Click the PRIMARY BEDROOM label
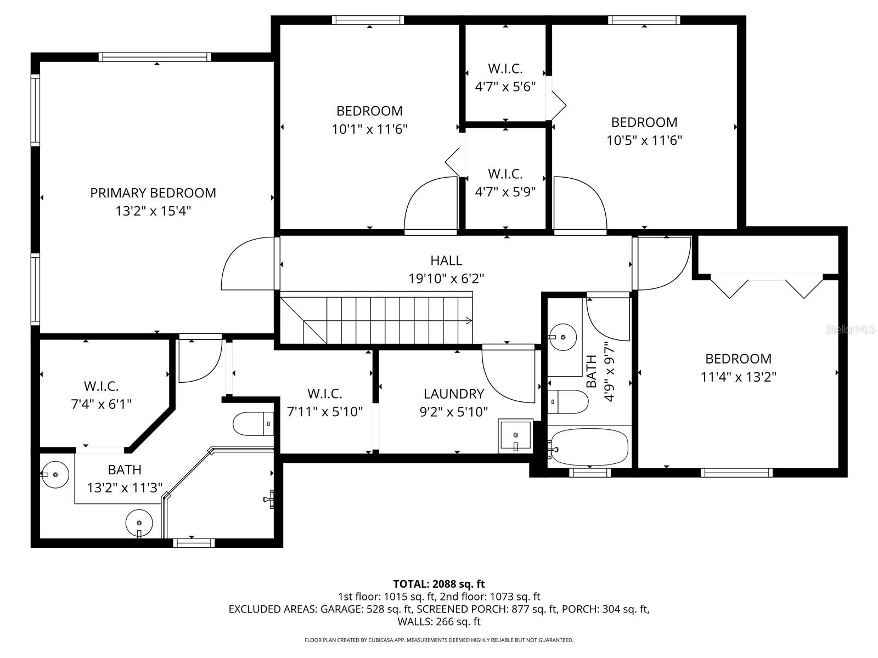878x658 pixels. (x=153, y=193)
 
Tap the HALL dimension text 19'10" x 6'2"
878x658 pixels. (x=446, y=279)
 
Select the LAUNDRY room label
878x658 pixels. (x=454, y=394)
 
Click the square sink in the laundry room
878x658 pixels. (x=515, y=436)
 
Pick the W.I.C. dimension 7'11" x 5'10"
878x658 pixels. (x=325, y=411)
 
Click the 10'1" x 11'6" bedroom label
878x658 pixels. (x=369, y=111)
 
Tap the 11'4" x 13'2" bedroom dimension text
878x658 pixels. (x=738, y=377)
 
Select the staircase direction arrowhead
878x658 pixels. (x=469, y=320)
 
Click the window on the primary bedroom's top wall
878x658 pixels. (x=155, y=57)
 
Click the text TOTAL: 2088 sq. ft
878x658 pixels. (x=438, y=584)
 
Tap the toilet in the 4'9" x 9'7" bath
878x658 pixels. (x=569, y=402)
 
